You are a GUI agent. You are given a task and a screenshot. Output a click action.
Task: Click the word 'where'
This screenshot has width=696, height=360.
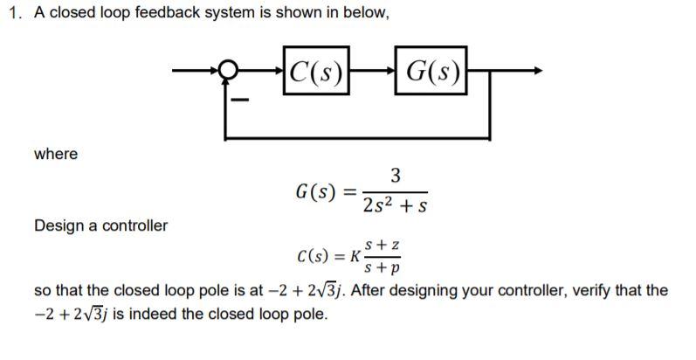55,154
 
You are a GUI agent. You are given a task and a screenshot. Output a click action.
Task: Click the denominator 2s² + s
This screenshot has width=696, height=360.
395,206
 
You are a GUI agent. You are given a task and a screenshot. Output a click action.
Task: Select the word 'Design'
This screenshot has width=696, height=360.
58,225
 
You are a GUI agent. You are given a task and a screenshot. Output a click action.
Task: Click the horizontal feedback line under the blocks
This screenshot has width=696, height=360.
358,138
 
